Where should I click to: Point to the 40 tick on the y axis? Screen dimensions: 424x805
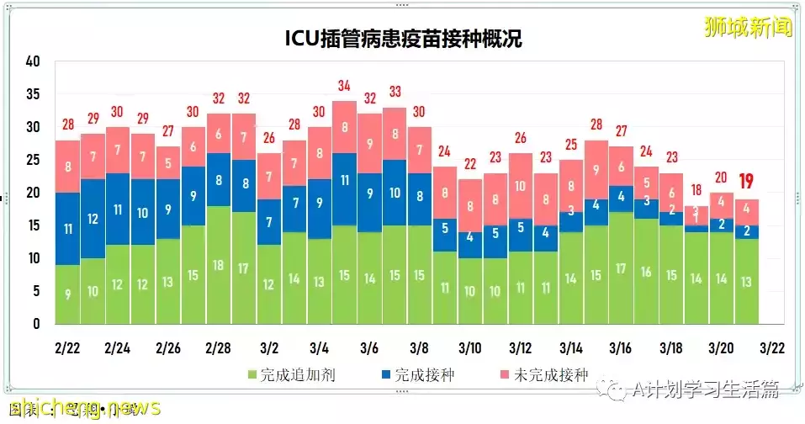point(33,61)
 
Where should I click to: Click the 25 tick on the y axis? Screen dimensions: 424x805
point(33,160)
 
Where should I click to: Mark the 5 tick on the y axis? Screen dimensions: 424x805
point(36,291)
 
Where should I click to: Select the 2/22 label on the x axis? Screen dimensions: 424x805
point(68,347)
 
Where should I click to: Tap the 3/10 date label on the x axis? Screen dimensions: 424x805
point(470,347)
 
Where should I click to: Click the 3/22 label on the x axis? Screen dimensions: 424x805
point(771,347)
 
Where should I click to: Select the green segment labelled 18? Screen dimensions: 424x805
point(219,265)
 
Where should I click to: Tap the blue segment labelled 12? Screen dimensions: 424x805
point(93,219)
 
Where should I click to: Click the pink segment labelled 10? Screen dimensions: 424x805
point(521,187)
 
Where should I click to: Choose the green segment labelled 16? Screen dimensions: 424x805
point(646,272)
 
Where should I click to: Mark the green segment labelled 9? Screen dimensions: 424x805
point(68,294)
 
